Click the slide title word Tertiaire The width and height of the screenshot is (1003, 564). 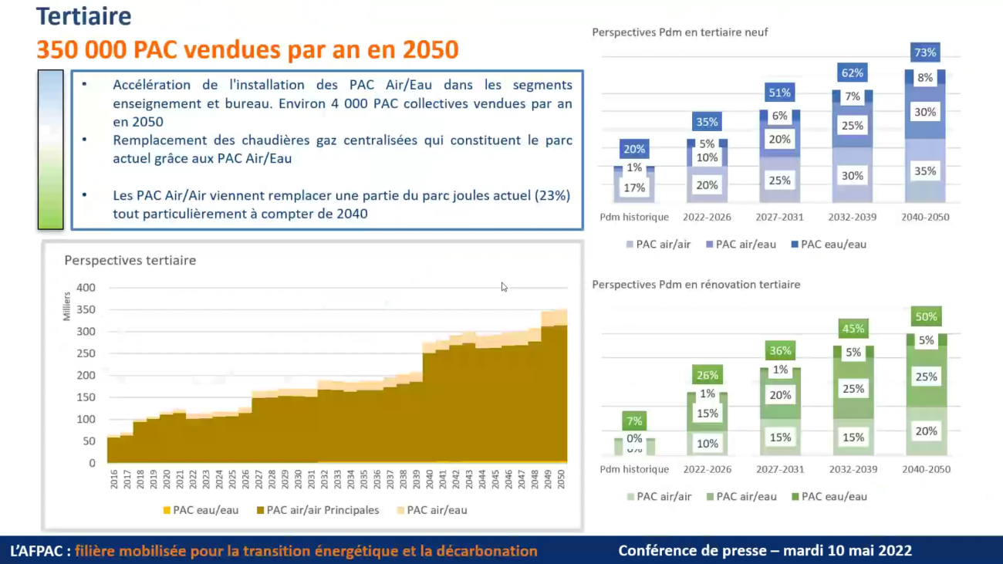coord(84,16)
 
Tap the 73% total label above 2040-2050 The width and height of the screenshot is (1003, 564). coord(925,52)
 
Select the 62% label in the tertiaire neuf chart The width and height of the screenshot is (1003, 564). coord(853,73)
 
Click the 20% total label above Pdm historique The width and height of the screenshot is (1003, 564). coord(634,150)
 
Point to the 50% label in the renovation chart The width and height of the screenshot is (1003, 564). coord(926,316)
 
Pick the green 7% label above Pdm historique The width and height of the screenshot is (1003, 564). coord(634,421)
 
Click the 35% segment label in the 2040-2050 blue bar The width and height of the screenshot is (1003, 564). coord(925,171)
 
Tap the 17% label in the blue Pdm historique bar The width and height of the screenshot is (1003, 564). coord(634,188)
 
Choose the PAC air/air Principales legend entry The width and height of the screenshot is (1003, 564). coord(317,510)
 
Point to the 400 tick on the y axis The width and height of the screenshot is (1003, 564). coord(86,288)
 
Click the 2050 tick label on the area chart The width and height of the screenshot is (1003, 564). coord(562,479)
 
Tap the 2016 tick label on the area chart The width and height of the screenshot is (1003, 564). coord(114,479)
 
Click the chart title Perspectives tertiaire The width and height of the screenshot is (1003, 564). coord(130,261)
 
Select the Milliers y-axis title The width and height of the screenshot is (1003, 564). coord(67,306)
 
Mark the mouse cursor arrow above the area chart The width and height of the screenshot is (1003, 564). coord(504,287)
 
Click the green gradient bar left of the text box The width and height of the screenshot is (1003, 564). coord(50,150)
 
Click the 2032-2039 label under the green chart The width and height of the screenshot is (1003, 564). coord(853,469)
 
